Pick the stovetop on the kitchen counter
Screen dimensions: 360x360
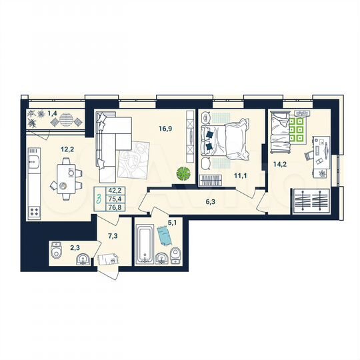33,210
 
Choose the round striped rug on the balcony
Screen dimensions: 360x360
65,120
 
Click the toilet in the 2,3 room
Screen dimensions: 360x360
56,253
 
